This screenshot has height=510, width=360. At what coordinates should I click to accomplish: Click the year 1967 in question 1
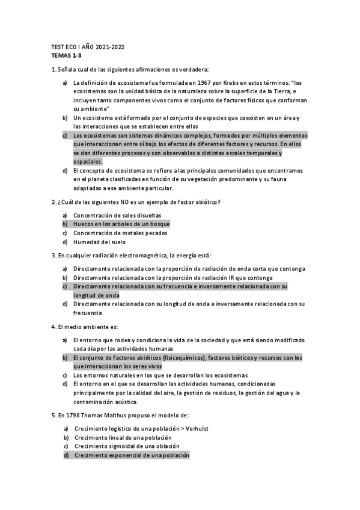tap(208, 82)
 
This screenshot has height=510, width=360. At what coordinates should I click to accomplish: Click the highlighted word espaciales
tap(88, 162)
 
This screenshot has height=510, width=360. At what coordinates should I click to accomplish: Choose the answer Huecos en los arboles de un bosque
tap(121, 224)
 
